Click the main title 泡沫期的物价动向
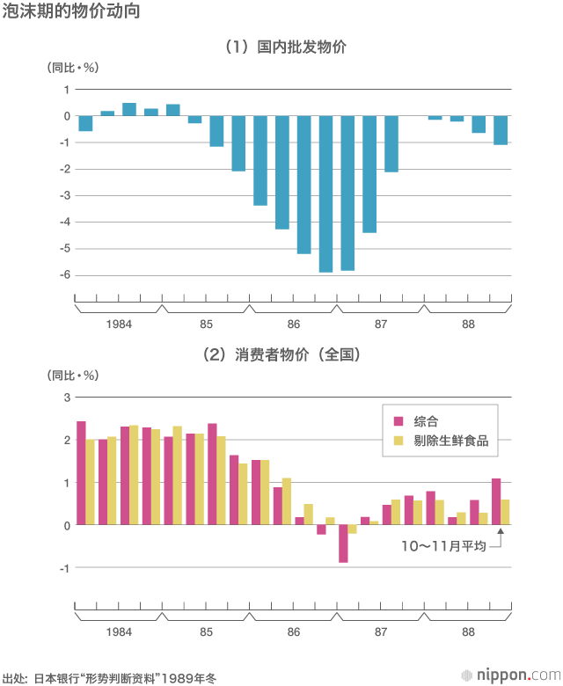coord(69,12)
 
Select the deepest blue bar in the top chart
coord(325,193)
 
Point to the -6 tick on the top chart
coord(64,275)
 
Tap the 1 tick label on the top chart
coord(65,90)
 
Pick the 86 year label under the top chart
coord(293,325)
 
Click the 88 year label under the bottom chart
coord(468,632)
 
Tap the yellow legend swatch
coord(398,441)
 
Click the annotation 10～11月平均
coord(443,546)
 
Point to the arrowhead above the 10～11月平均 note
coord(501,530)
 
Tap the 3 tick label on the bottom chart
coord(65,398)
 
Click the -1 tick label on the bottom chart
coord(63,568)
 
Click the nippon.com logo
coord(511,675)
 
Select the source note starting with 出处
coord(109,678)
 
